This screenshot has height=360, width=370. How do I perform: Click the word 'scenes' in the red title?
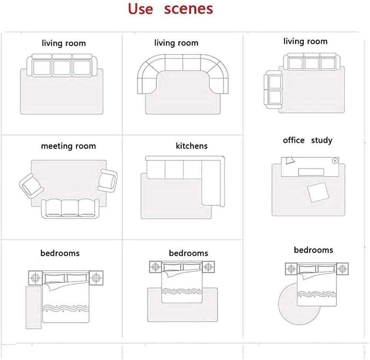point(188,9)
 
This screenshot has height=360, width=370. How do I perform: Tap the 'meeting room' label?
point(69,146)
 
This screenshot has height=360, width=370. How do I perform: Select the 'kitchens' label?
point(191,146)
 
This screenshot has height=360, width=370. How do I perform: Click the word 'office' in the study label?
point(294,140)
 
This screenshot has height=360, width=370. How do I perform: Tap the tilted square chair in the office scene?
point(318,192)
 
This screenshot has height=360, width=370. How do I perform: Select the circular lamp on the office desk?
point(335,161)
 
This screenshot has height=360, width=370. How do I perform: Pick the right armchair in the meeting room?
point(108,181)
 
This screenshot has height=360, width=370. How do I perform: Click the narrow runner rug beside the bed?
point(33,307)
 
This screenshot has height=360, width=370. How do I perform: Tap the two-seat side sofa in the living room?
point(273,89)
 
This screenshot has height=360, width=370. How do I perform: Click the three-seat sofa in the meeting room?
point(70,208)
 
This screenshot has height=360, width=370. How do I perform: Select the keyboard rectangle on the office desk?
point(311,172)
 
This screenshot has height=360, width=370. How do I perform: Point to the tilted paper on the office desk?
point(290,160)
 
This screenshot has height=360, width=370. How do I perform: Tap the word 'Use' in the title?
point(140,9)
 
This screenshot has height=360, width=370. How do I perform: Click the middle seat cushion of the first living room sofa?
point(62,68)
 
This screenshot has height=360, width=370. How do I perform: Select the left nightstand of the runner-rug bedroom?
point(35,278)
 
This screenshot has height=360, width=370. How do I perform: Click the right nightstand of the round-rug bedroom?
point(342,269)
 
